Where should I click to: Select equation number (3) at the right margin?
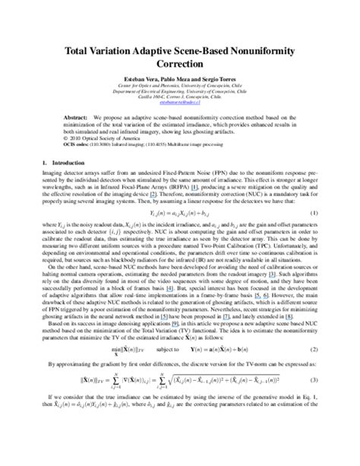[x=314, y=421]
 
